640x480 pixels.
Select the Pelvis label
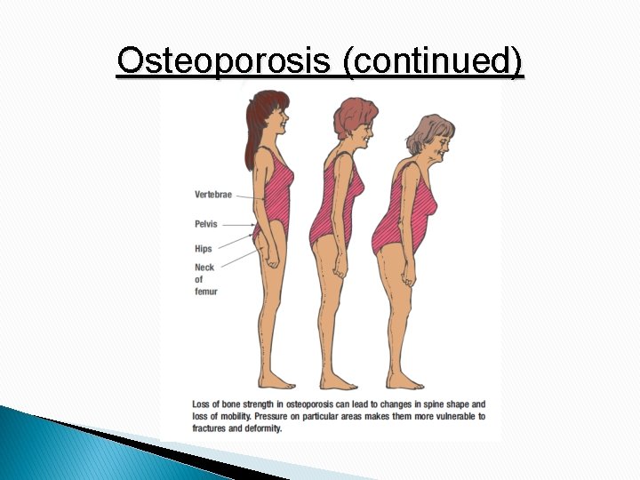206,224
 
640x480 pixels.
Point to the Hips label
204,248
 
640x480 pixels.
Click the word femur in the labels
206,292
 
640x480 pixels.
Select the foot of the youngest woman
279,382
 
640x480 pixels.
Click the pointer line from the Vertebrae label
250,196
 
